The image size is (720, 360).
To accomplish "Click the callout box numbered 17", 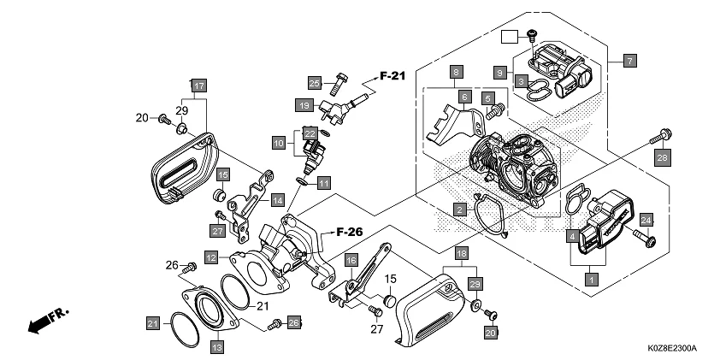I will (198, 86).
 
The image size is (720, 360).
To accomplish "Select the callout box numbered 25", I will (315, 82).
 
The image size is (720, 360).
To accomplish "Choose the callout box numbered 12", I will (210, 256).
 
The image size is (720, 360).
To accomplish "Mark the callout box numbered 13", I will (217, 346).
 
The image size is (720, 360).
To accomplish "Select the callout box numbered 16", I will (351, 260).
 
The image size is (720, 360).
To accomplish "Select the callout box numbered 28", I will (662, 157).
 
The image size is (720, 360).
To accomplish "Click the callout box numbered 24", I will (646, 220).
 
